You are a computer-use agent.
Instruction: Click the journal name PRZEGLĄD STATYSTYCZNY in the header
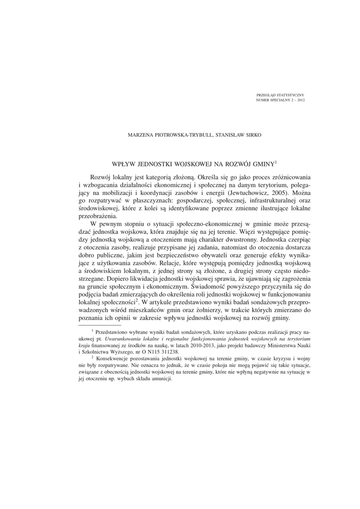point(280,94)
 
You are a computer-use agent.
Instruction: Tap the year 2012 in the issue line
point(300,99)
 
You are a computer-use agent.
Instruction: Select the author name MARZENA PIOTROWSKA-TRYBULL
point(167,134)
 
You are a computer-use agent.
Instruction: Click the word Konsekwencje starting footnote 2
point(114,358)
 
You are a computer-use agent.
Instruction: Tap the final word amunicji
point(161,378)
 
